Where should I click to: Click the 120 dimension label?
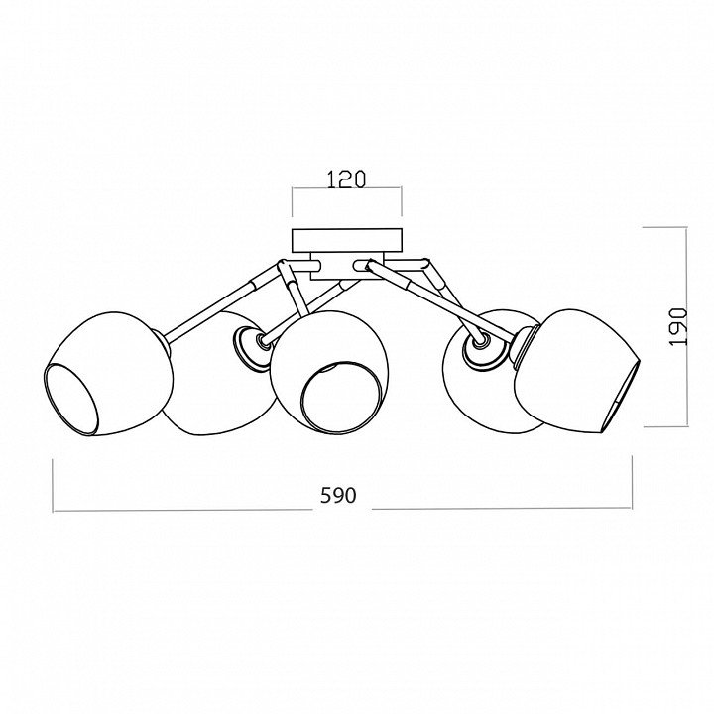pyautogui.click(x=346, y=178)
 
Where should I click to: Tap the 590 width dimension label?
pyautogui.click(x=338, y=495)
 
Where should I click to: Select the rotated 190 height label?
pyautogui.click(x=678, y=327)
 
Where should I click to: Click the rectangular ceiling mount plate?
pyautogui.click(x=347, y=240)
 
